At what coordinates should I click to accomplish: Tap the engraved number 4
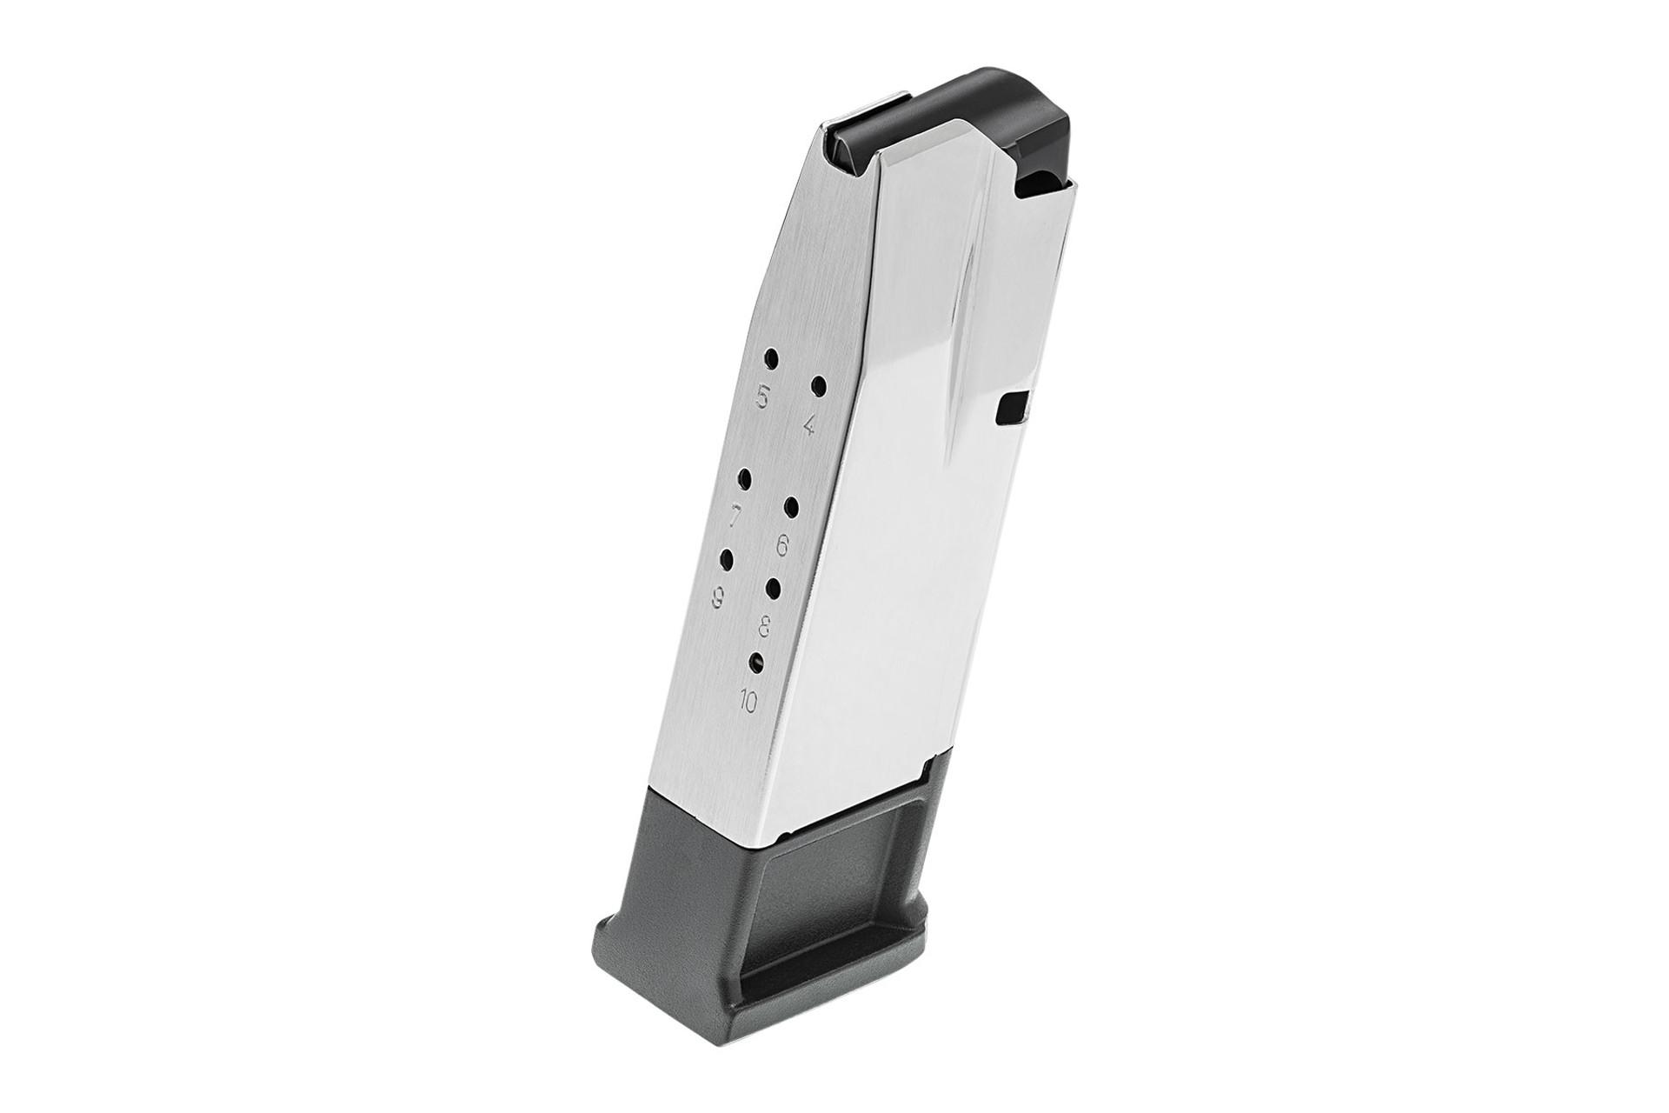coord(809,425)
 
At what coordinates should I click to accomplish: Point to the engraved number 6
coord(781,546)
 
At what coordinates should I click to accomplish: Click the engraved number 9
coord(718,596)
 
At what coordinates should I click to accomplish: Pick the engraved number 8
coord(765,623)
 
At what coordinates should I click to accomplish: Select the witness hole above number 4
coord(818,383)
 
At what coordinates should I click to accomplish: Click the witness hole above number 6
coord(792,506)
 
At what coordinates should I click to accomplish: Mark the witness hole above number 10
coord(756,662)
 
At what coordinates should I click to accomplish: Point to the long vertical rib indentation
coord(961,374)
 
